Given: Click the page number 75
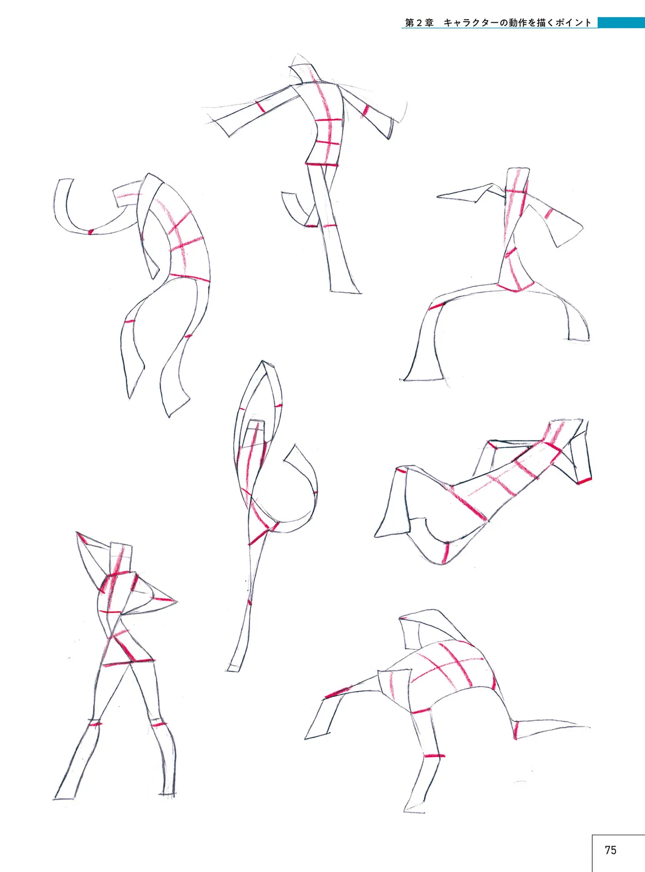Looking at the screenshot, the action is coord(610,850).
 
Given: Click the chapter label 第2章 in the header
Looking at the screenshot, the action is coord(420,23).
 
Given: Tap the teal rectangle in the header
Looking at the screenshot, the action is coord(621,23).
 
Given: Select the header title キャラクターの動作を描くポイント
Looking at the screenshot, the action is coord(518,23).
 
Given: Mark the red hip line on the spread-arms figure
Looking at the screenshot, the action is coord(321,164).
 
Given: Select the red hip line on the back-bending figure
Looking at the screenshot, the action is coord(189,277).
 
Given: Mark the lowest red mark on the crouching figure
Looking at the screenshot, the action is coord(434,756).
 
